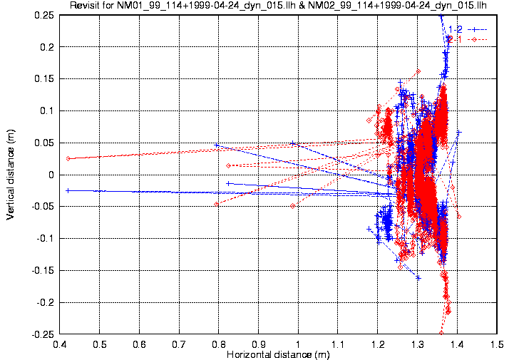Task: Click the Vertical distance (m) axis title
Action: coord(10,174)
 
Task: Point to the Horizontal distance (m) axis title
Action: coord(277,354)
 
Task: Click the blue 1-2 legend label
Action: coord(455,29)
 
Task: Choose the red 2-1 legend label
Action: coord(455,38)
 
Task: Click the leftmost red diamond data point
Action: coord(68,158)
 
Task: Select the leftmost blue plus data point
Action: coord(68,190)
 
